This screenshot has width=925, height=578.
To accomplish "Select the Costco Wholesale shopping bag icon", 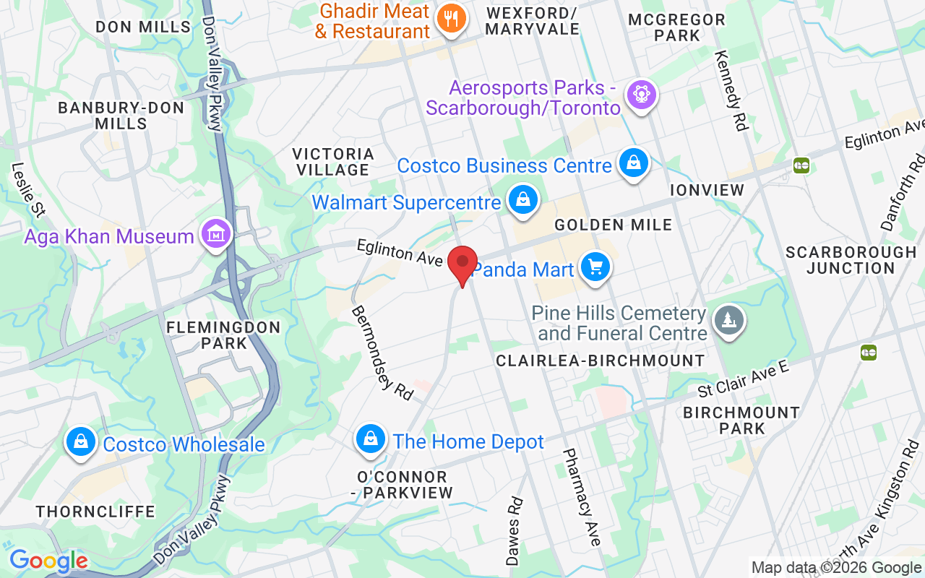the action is point(81,441).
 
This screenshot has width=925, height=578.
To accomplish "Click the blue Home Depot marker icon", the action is point(371,439).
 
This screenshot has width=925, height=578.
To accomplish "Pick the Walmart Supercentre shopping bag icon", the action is point(522,199).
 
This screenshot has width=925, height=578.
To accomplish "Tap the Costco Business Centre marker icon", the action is point(633,164).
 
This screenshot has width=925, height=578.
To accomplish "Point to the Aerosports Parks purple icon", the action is point(640,94).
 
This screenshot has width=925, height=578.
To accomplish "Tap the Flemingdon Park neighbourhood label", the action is point(223,335).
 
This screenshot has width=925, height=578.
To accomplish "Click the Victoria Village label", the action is point(333,162).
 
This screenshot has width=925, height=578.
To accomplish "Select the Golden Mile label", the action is point(613,225).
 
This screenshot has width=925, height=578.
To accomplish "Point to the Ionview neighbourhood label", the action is point(707,190).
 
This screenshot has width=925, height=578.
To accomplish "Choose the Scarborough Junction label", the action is point(851,260).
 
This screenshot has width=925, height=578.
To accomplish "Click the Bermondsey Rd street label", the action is point(382,353).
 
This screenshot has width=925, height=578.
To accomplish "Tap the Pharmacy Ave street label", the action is point(582,497).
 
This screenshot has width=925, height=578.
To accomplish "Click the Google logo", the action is point(48,561).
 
